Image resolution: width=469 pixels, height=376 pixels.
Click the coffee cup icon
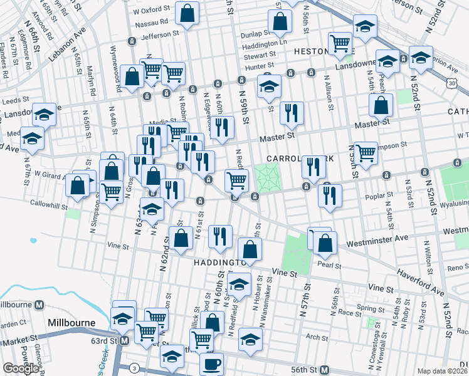[211, 364]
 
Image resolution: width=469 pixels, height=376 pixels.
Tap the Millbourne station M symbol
[39, 305]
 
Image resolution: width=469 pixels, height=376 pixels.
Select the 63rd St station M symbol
[124, 341]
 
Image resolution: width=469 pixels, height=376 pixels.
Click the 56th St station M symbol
[324, 370]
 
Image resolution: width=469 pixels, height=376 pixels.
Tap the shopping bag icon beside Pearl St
[324, 243]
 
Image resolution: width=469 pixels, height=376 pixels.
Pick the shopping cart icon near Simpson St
[366, 152]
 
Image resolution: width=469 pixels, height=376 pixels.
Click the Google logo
[21, 368]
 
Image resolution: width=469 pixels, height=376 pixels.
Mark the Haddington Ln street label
[265, 44]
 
